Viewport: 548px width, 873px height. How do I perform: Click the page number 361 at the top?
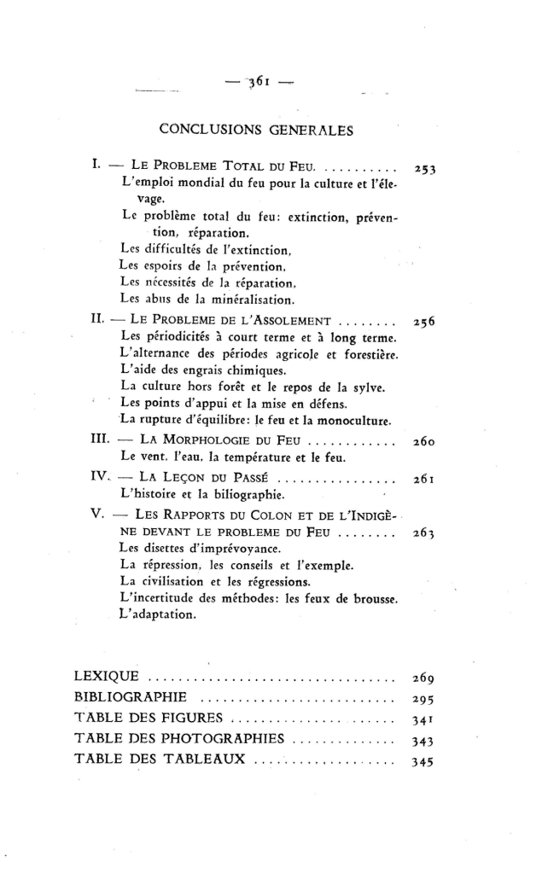tap(254, 84)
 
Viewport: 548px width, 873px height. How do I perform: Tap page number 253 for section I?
tap(424, 169)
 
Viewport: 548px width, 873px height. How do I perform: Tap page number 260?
tap(424, 443)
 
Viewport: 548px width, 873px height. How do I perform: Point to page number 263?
tap(424, 535)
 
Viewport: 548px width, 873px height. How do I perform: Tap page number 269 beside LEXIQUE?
tap(424, 679)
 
